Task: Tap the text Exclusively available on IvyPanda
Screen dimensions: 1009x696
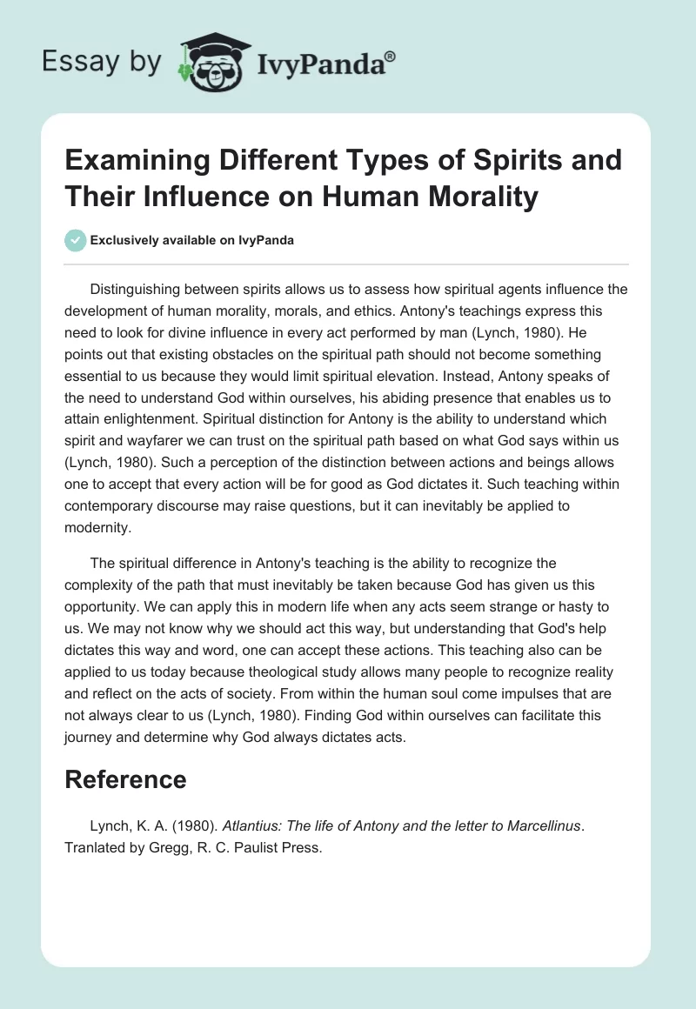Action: [x=191, y=240]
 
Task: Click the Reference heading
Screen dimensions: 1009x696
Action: [x=125, y=778]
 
